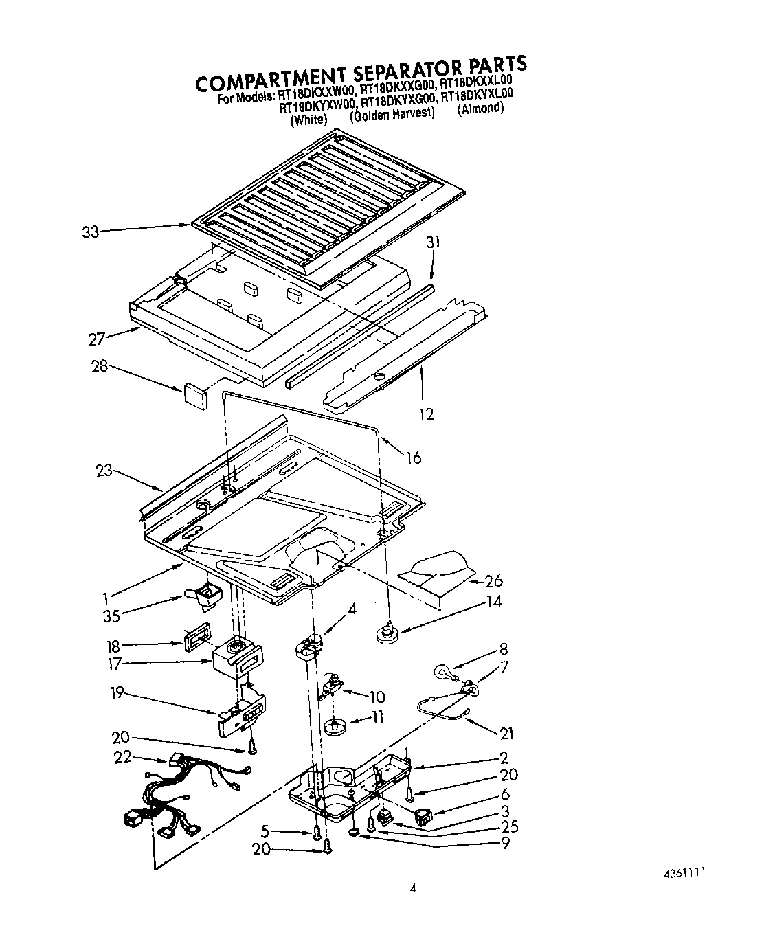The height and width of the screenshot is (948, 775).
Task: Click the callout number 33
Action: [x=90, y=232]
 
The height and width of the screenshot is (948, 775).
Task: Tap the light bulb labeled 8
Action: [x=440, y=671]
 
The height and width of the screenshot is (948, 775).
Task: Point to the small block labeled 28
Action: [x=195, y=396]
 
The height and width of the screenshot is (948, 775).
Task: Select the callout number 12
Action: [x=426, y=414]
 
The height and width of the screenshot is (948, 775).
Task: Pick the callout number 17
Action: [x=114, y=664]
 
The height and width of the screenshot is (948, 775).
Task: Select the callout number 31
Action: [x=433, y=242]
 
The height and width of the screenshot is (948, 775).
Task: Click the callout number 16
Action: [x=414, y=458]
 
